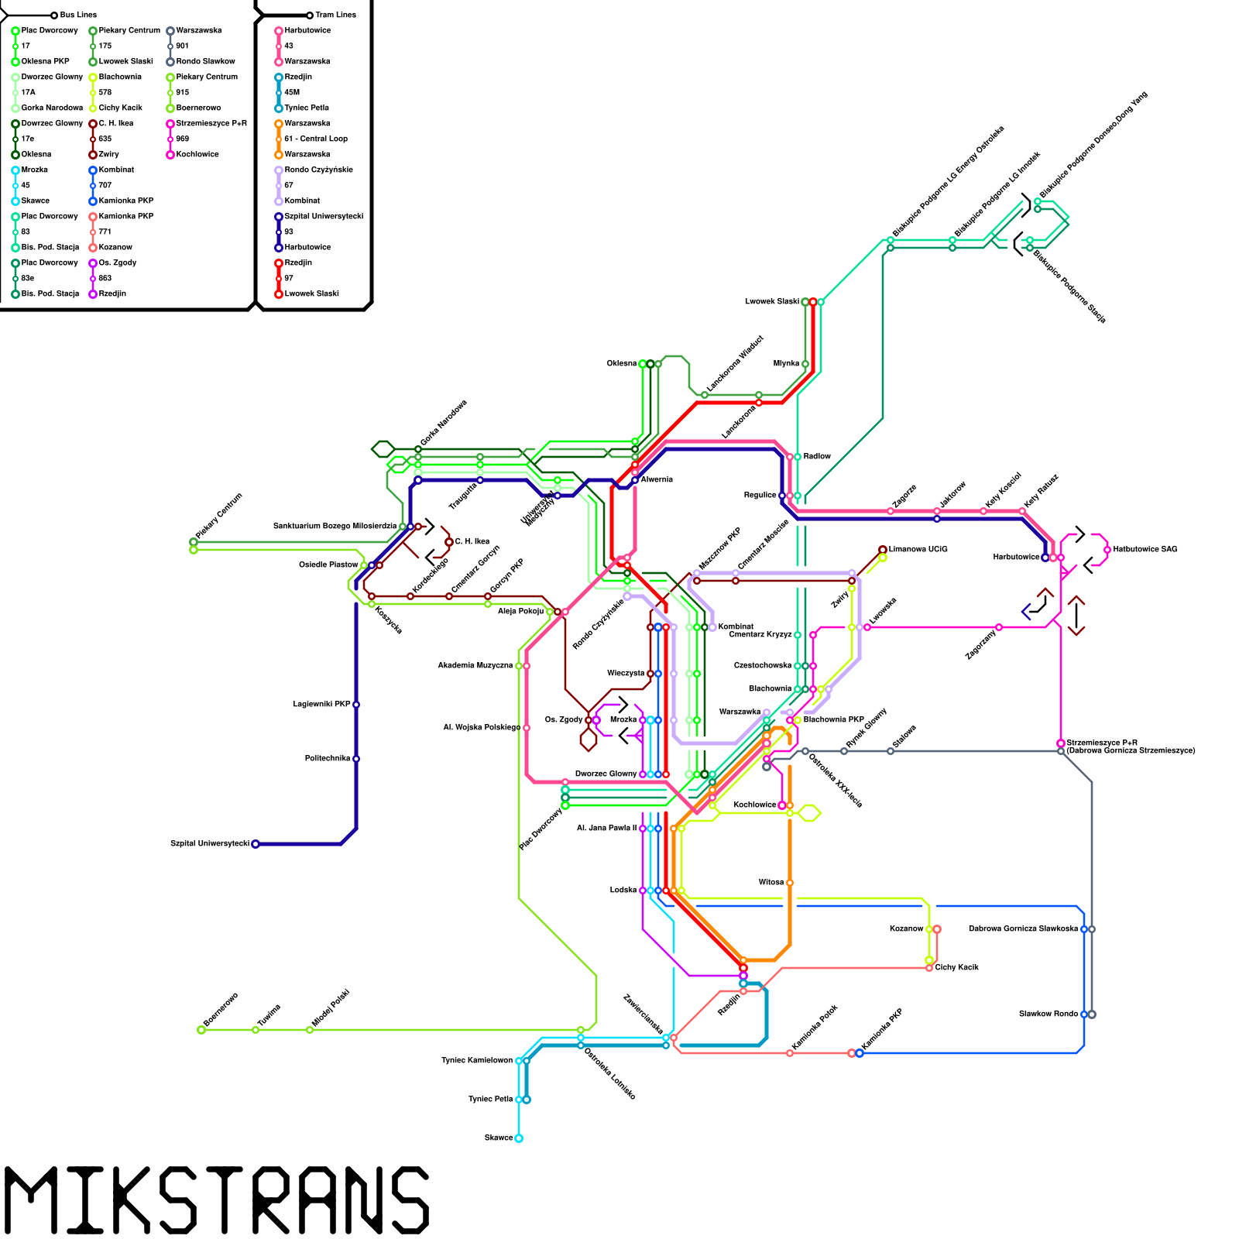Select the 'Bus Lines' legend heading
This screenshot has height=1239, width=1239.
point(78,15)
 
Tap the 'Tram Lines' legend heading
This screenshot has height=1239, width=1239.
point(335,15)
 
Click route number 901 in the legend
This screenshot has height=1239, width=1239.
point(182,46)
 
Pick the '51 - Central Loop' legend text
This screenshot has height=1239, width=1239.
point(316,139)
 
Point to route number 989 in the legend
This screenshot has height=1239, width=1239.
point(182,139)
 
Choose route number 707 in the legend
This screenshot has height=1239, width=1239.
point(105,185)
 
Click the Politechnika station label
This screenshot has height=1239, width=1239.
point(327,758)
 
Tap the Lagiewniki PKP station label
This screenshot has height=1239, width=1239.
point(321,704)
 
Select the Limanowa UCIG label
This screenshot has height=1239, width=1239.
point(918,549)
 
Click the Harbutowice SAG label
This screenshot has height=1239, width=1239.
point(1145,549)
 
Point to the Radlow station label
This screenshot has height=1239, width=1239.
point(817,456)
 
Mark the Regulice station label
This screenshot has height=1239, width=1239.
point(760,495)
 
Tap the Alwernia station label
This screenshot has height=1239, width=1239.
point(657,479)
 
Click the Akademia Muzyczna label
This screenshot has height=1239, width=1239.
point(475,665)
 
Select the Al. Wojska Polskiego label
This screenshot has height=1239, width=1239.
point(481,727)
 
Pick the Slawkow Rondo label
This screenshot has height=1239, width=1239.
point(1048,1014)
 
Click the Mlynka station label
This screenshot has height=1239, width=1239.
point(786,363)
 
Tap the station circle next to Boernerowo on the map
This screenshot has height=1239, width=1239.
point(201,1030)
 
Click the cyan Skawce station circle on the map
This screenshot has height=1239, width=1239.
point(519,1138)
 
